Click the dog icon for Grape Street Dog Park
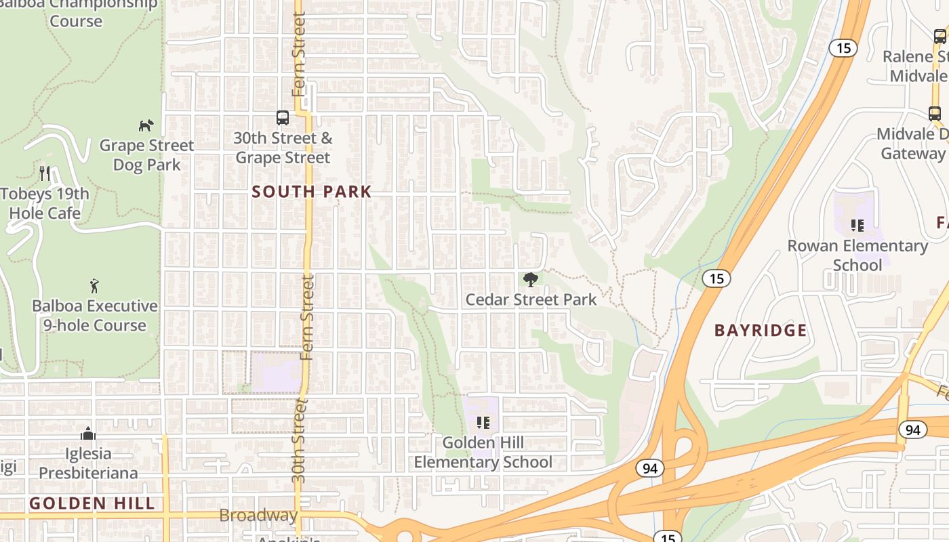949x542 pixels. click(146, 125)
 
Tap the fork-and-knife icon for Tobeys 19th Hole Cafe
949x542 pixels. click(45, 173)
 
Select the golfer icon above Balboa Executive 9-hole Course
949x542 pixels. click(94, 286)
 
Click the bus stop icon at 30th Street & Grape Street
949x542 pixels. click(283, 118)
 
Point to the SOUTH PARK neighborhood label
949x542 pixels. click(312, 192)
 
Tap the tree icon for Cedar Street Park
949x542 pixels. click(531, 279)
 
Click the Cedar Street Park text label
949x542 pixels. click(531, 299)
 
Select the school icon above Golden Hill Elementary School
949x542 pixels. click(483, 423)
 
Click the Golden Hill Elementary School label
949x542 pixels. click(483, 453)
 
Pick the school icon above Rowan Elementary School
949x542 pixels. click(857, 226)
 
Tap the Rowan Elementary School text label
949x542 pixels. click(857, 255)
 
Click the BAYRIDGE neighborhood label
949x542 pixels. click(761, 331)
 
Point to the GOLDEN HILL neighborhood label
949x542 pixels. click(92, 503)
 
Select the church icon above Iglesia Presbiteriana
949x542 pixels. click(87, 434)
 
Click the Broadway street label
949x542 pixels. click(258, 516)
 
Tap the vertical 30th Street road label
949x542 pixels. click(299, 440)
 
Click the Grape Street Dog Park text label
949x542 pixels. click(146, 155)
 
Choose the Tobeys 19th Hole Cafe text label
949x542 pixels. click(45, 203)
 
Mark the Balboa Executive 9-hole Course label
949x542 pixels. click(95, 316)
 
